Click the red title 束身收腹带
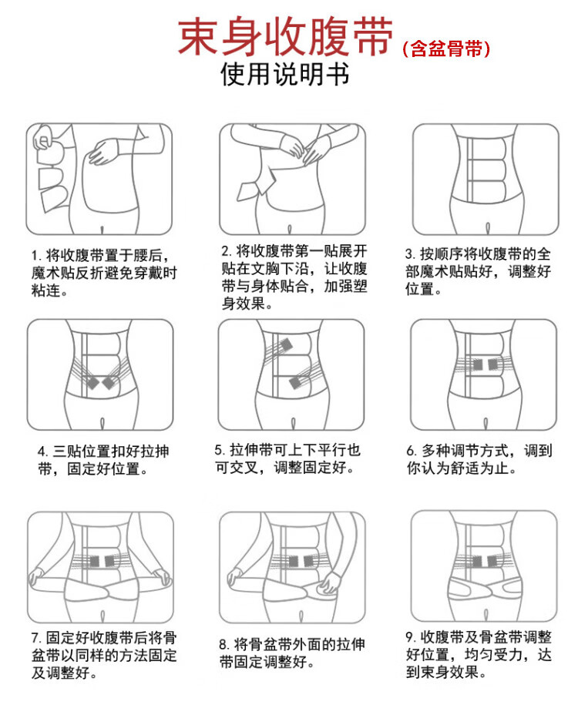click(285, 37)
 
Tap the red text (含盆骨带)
click(446, 49)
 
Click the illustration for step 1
click(99, 180)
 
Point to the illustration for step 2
click(291, 180)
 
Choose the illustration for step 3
click(485, 180)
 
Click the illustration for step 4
click(99, 374)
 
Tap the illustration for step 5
click(291, 374)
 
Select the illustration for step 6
click(485, 374)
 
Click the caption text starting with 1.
click(103, 274)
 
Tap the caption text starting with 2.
click(294, 277)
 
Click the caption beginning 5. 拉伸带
click(287, 458)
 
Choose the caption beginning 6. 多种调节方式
click(479, 458)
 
